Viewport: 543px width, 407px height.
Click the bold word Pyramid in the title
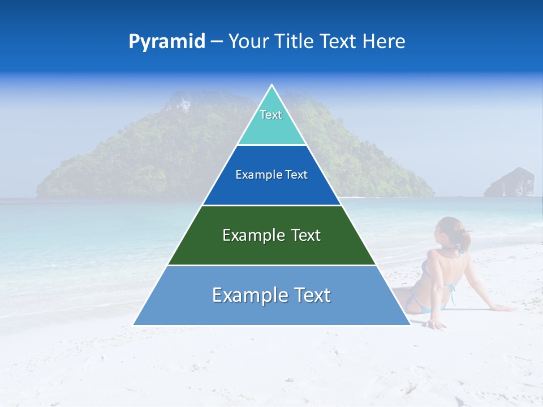pyautogui.click(x=166, y=42)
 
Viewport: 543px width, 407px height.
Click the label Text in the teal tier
pyautogui.click(x=271, y=115)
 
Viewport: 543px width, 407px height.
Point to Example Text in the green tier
pyautogui.click(x=271, y=235)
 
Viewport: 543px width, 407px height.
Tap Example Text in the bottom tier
pyautogui.click(x=271, y=295)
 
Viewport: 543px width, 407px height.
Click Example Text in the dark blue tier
pyautogui.click(x=271, y=175)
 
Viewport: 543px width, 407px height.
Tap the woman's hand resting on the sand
pyautogui.click(x=436, y=325)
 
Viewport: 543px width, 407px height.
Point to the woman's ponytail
pyautogui.click(x=465, y=240)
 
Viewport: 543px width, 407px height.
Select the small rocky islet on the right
pyautogui.click(x=510, y=183)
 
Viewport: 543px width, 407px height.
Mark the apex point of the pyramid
pyautogui.click(x=271, y=86)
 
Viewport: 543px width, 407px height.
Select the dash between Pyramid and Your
pyautogui.click(x=217, y=42)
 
